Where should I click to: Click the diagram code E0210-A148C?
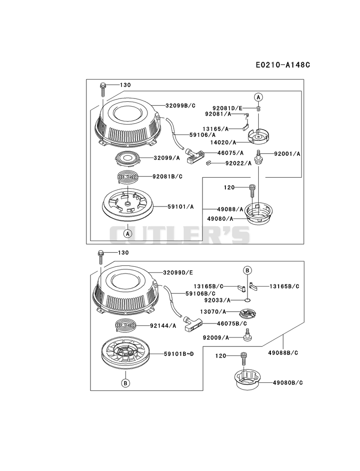tap(283, 65)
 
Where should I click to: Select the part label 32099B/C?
tap(180, 105)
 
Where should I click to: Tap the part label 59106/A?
tap(202, 135)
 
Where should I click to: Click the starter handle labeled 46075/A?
tap(195, 157)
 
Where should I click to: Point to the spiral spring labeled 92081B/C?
tap(128, 177)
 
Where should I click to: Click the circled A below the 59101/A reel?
tap(128, 233)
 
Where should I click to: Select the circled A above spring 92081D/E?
tap(258, 97)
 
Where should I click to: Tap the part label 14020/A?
tap(223, 142)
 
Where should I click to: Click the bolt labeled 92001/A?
tap(258, 156)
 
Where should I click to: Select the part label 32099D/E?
tap(178, 273)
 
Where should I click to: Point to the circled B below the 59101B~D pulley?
tap(126, 383)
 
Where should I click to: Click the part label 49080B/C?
tap(288, 383)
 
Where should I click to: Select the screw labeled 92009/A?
tap(247, 335)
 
